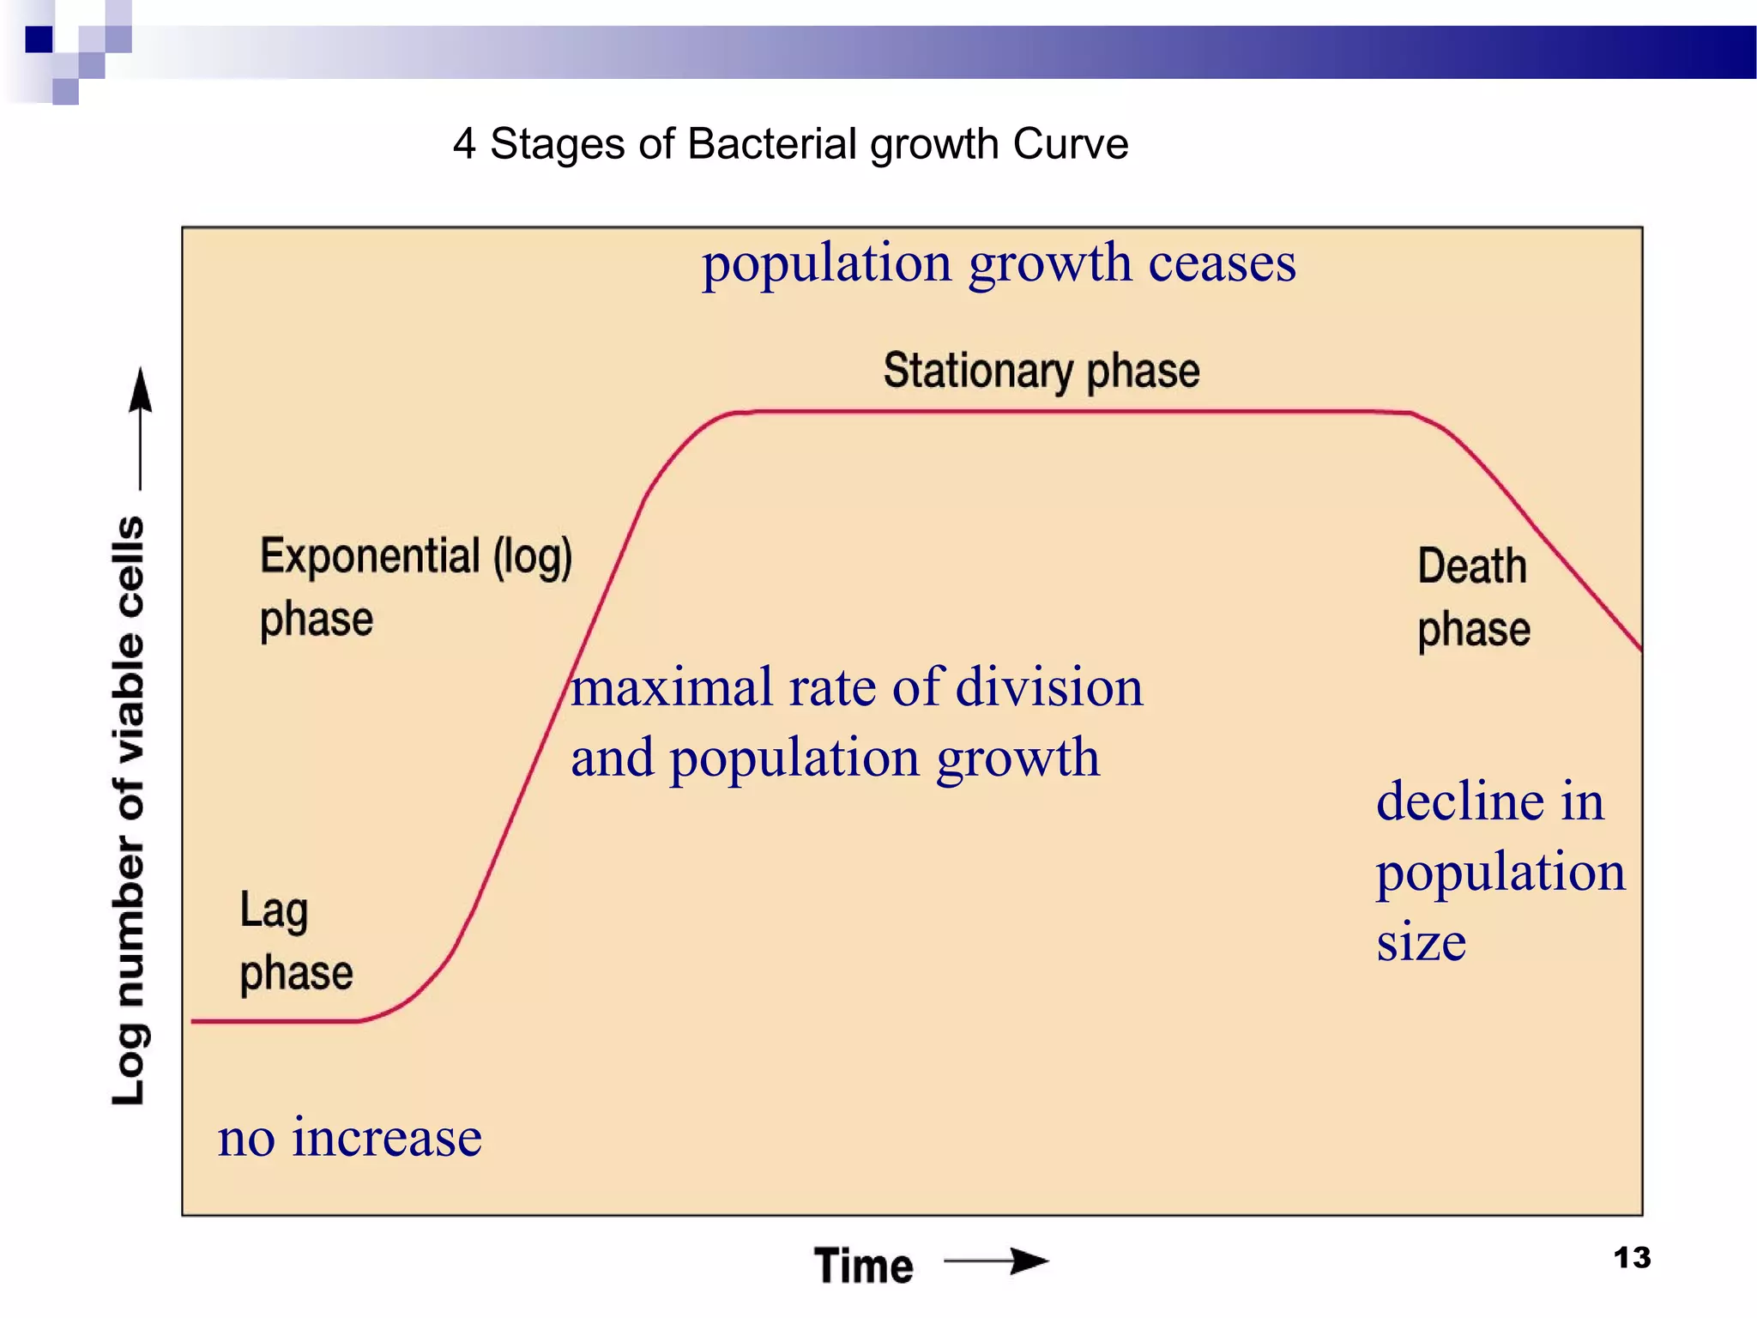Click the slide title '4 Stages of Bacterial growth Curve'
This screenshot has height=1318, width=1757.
(790, 144)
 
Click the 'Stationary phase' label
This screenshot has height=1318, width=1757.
(1041, 371)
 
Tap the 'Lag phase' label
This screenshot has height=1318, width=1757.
(295, 941)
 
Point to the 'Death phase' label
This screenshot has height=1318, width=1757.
(1472, 597)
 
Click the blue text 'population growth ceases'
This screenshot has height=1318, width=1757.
(999, 263)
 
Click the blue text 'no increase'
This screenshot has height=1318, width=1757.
(349, 1139)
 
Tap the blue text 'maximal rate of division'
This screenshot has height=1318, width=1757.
(856, 688)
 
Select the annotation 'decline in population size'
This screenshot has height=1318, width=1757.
(1500, 871)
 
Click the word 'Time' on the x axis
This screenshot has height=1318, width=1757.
(863, 1266)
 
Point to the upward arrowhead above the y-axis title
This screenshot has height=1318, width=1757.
(141, 390)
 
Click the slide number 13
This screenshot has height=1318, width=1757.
(1632, 1258)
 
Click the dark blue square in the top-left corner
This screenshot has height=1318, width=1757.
(39, 39)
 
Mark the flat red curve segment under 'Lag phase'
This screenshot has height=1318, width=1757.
(275, 1021)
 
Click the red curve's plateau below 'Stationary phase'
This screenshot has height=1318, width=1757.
(1072, 412)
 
